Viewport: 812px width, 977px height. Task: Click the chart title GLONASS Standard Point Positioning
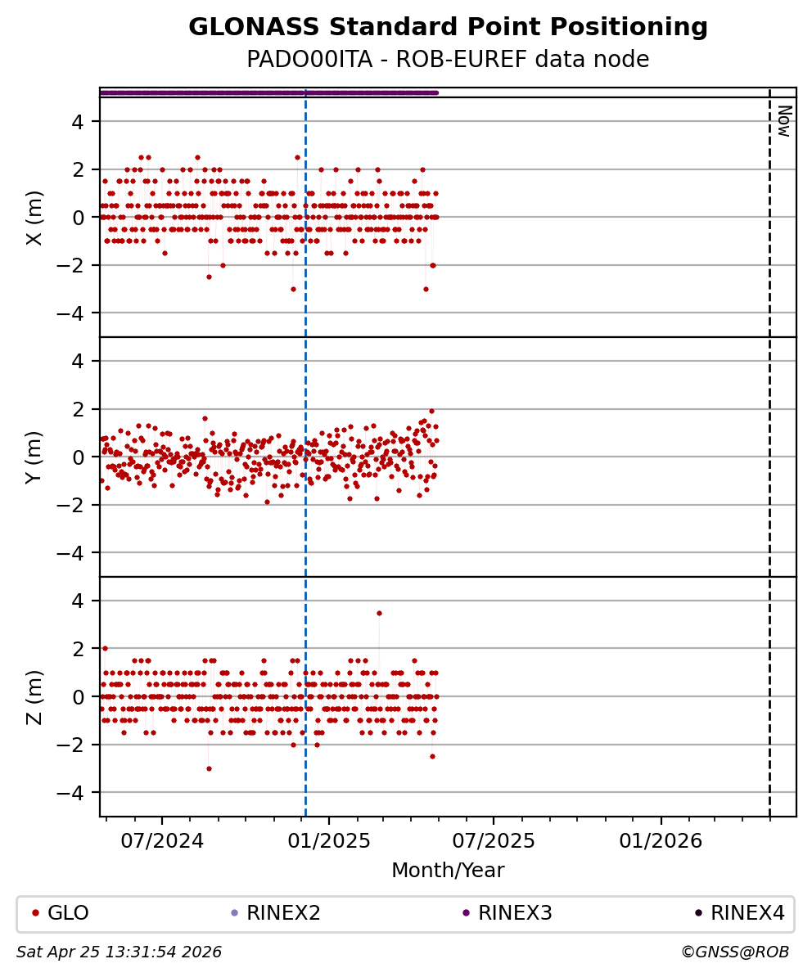click(448, 27)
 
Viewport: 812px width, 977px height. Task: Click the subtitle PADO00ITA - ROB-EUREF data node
click(448, 60)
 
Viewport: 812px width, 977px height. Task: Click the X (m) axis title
click(34, 217)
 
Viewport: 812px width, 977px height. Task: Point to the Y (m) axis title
click(34, 457)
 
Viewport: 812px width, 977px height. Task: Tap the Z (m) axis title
click(34, 696)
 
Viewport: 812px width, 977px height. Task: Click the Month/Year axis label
click(448, 871)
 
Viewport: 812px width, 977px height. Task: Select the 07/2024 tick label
click(162, 841)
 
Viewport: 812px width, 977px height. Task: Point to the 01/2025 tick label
click(329, 841)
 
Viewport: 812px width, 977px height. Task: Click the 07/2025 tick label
click(494, 841)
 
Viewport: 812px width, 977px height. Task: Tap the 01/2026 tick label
click(661, 841)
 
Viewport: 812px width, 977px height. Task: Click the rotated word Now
click(783, 121)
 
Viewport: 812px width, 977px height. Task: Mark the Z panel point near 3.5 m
click(379, 613)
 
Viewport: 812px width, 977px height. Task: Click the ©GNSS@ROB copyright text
click(734, 952)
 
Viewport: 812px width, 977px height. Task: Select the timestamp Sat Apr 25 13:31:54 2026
click(120, 952)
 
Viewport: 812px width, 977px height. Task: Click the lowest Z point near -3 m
click(209, 768)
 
